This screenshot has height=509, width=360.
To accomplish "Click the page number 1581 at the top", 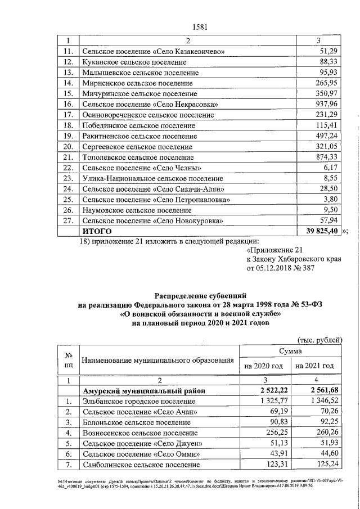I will tap(200, 26).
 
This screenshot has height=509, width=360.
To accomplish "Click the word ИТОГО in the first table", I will tap(97, 231).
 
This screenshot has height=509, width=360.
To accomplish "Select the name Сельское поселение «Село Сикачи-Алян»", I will tap(154, 189).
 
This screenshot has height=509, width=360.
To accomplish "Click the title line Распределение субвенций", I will tap(200, 295).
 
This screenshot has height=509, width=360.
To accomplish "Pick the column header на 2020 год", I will tap(263, 366).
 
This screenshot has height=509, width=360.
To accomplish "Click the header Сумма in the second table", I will tap(290, 351).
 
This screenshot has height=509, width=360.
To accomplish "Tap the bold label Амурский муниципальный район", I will tap(143, 391).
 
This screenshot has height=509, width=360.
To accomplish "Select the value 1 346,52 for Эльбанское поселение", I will tap(319, 402).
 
